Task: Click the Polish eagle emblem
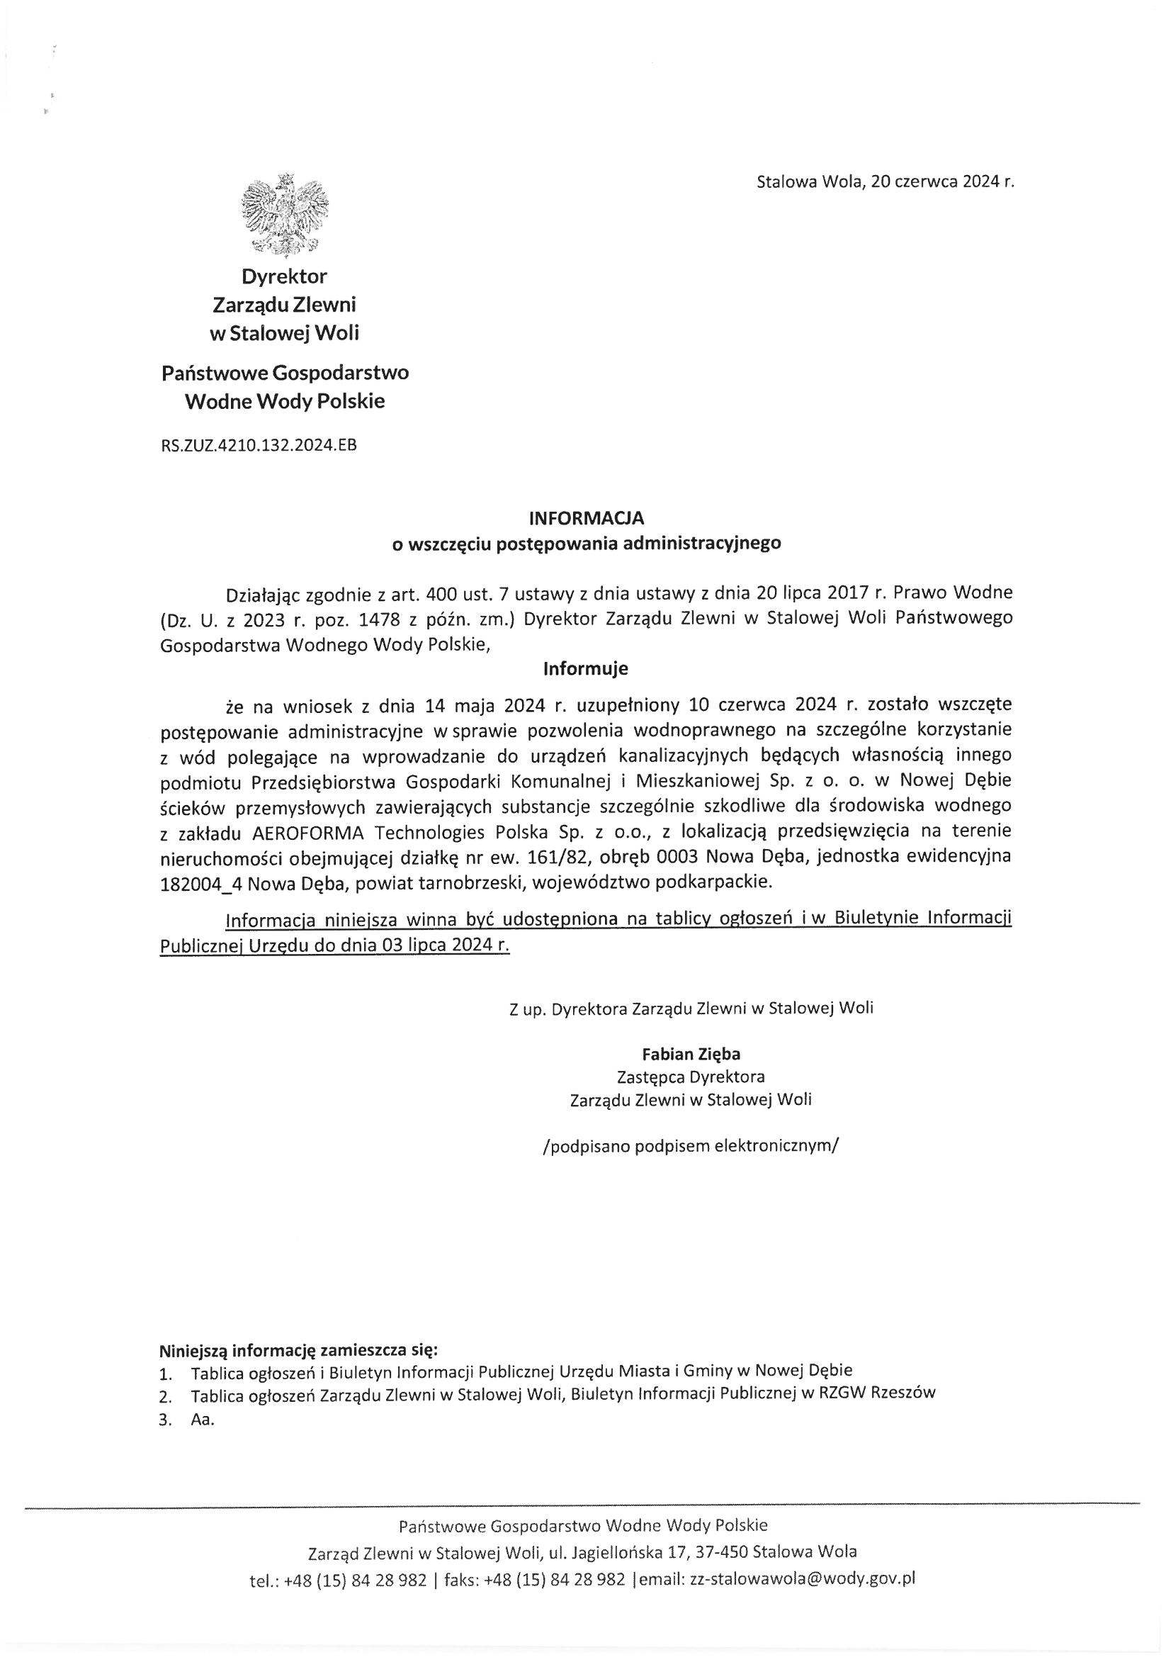tap(285, 214)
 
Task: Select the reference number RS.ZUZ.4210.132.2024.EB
tap(259, 445)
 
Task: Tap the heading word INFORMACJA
tap(586, 517)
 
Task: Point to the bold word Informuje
tap(585, 668)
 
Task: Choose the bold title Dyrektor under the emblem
tap(284, 276)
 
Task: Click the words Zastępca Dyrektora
tap(691, 1077)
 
